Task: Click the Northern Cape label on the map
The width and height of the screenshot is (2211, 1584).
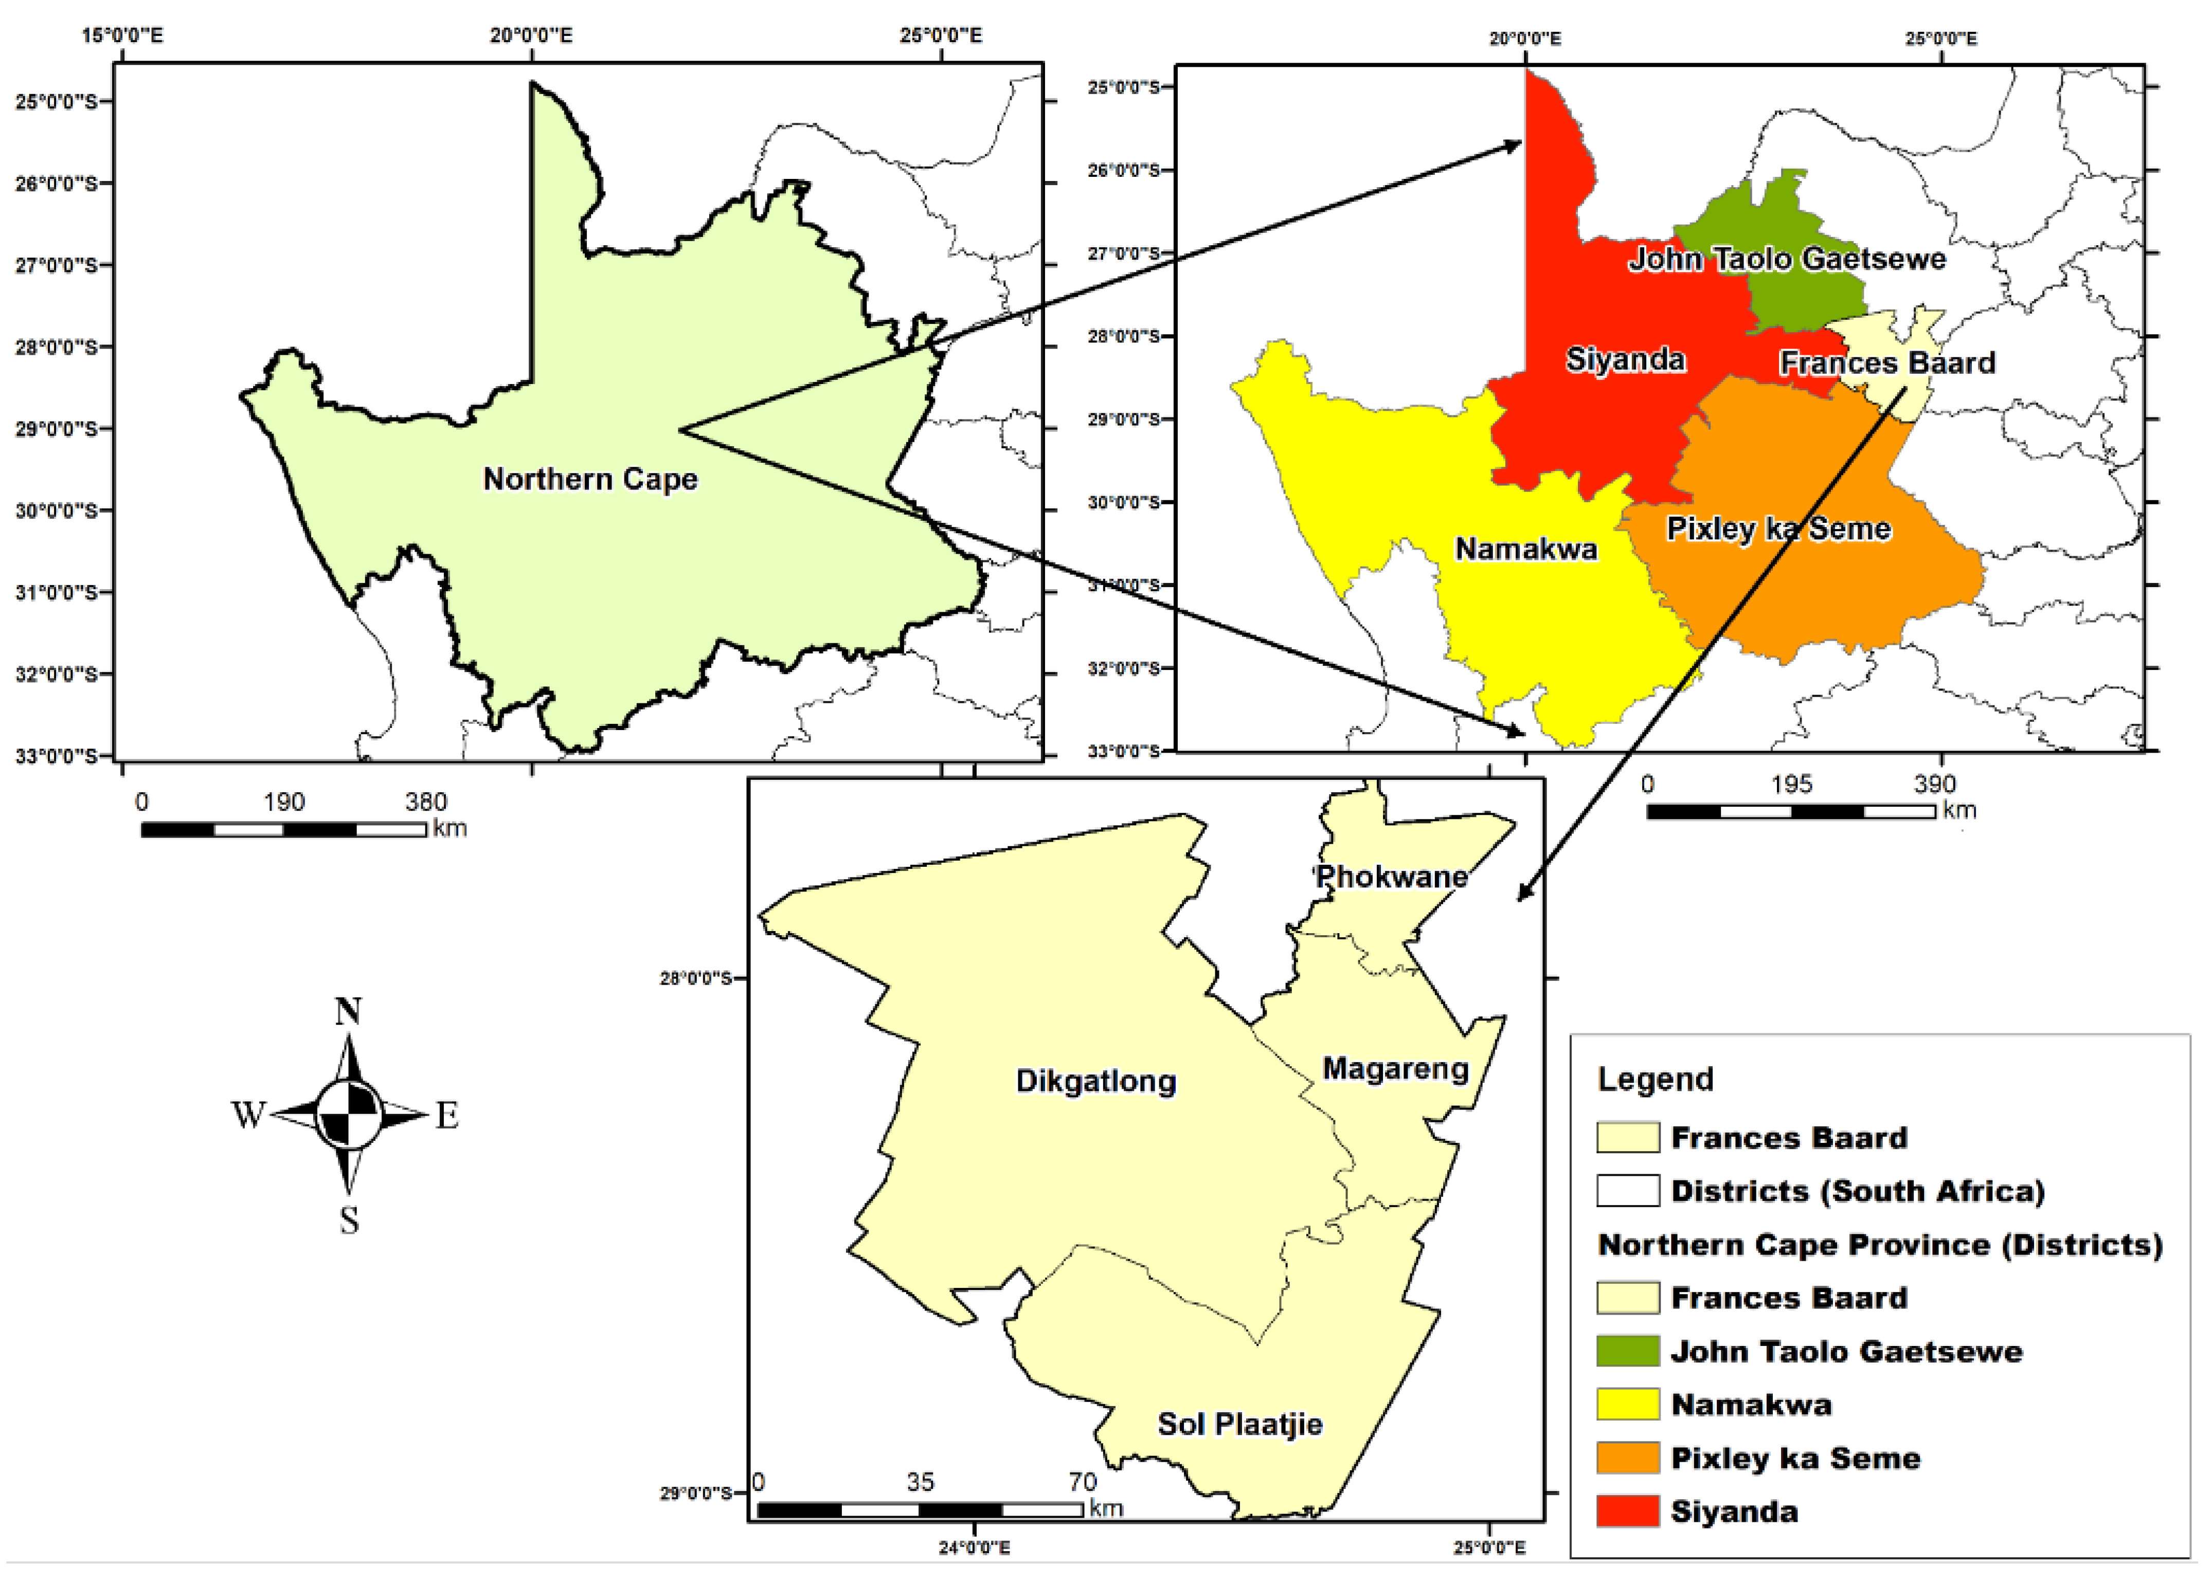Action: tap(590, 479)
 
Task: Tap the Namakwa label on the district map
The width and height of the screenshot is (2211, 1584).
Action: tap(1525, 549)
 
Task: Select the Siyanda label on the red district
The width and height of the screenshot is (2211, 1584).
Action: tap(1625, 360)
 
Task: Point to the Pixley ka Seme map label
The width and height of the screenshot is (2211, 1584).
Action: tap(1778, 529)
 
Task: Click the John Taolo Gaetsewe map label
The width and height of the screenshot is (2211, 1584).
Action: tap(1787, 258)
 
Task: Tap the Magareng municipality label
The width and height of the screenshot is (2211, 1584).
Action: tap(1395, 1068)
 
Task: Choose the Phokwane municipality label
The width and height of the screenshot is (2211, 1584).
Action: tap(1391, 877)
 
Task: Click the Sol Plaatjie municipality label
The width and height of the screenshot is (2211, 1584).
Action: tap(1239, 1424)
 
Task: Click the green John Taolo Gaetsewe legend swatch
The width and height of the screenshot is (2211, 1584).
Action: tap(1627, 1351)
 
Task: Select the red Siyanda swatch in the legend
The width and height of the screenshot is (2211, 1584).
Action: tap(1627, 1511)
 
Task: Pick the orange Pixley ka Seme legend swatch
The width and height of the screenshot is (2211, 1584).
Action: tap(1627, 1458)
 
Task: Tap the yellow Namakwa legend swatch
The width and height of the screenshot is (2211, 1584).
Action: tap(1627, 1405)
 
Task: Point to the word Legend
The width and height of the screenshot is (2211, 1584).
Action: tap(1655, 1079)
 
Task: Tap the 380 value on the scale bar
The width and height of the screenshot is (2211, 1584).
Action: tap(426, 802)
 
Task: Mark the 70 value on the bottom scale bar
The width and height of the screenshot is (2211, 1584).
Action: tap(1082, 1482)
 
